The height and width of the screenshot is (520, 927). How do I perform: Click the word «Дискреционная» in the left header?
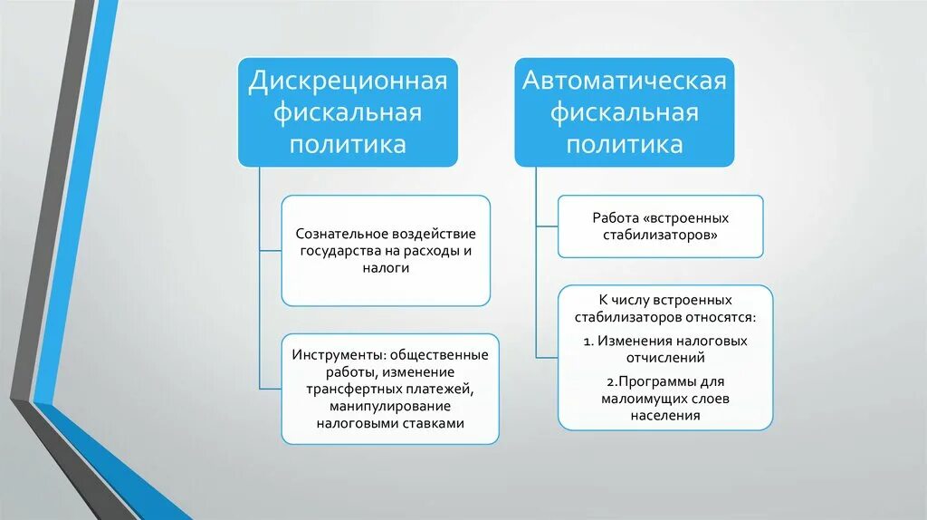349,81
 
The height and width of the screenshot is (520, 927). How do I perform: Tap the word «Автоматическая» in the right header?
625,81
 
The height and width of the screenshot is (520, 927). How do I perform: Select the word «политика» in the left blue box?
349,144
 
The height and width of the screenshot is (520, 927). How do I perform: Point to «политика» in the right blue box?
625,144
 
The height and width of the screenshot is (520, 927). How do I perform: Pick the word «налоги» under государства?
386,268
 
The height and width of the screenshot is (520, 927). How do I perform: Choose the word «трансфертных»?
349,389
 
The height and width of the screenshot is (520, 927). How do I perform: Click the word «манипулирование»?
389,406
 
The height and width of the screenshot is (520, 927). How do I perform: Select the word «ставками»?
433,423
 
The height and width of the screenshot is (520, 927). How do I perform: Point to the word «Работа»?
613,218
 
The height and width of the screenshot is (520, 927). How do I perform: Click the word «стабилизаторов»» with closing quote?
661,236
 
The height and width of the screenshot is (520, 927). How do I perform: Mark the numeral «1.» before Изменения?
589,342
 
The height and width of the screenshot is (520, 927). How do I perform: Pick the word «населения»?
665,416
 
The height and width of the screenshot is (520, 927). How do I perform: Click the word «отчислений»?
665,359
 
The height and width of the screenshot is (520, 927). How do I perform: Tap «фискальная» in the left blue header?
349,112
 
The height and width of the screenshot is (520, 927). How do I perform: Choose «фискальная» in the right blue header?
625,112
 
